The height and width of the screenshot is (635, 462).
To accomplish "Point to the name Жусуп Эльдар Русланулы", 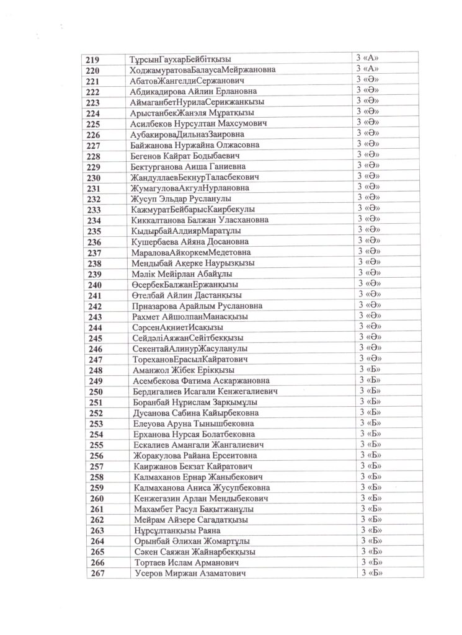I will tap(182, 198).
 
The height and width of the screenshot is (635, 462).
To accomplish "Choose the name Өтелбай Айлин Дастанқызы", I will tap(187, 295).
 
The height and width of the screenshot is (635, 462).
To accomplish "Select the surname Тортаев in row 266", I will tap(151, 563).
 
